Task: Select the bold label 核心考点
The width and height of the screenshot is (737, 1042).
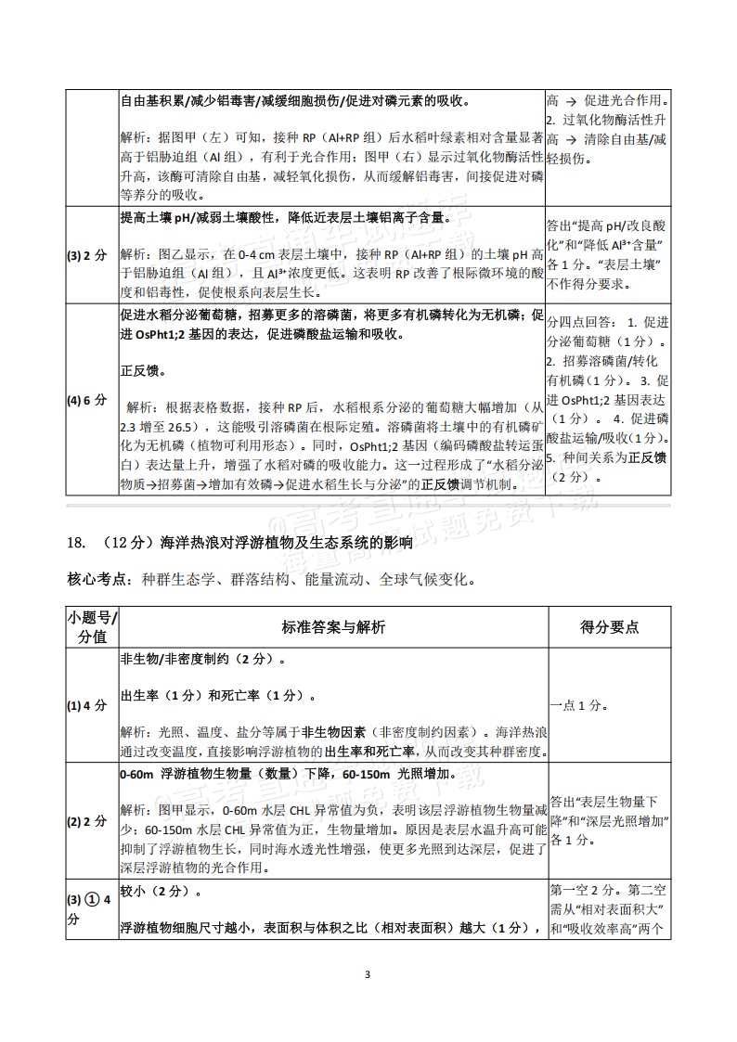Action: click(93, 580)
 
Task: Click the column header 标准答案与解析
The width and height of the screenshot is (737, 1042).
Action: click(333, 626)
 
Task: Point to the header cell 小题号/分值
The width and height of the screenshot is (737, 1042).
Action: click(93, 627)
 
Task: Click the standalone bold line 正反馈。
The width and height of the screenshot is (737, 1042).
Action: click(144, 370)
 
